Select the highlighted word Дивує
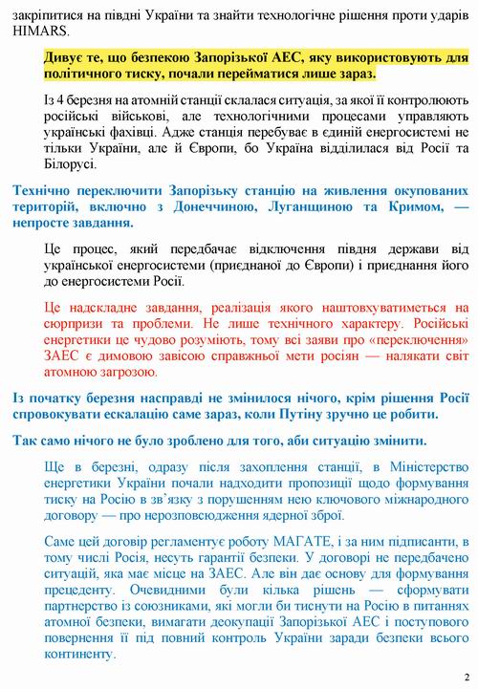click(x=63, y=57)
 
